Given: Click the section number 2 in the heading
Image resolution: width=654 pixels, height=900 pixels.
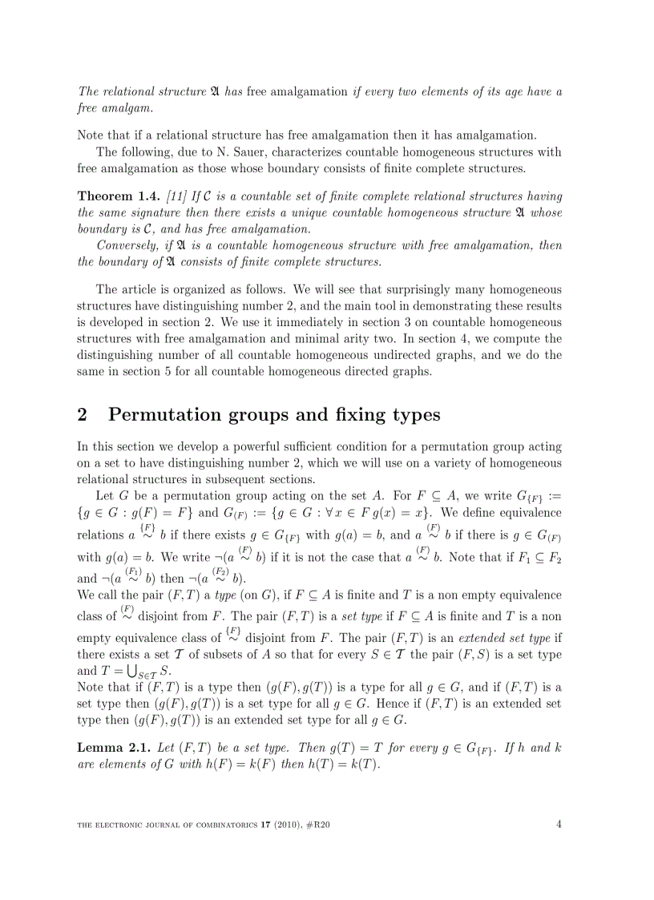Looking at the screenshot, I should [83, 414].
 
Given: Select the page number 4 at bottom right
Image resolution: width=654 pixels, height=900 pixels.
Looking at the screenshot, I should [559, 824].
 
